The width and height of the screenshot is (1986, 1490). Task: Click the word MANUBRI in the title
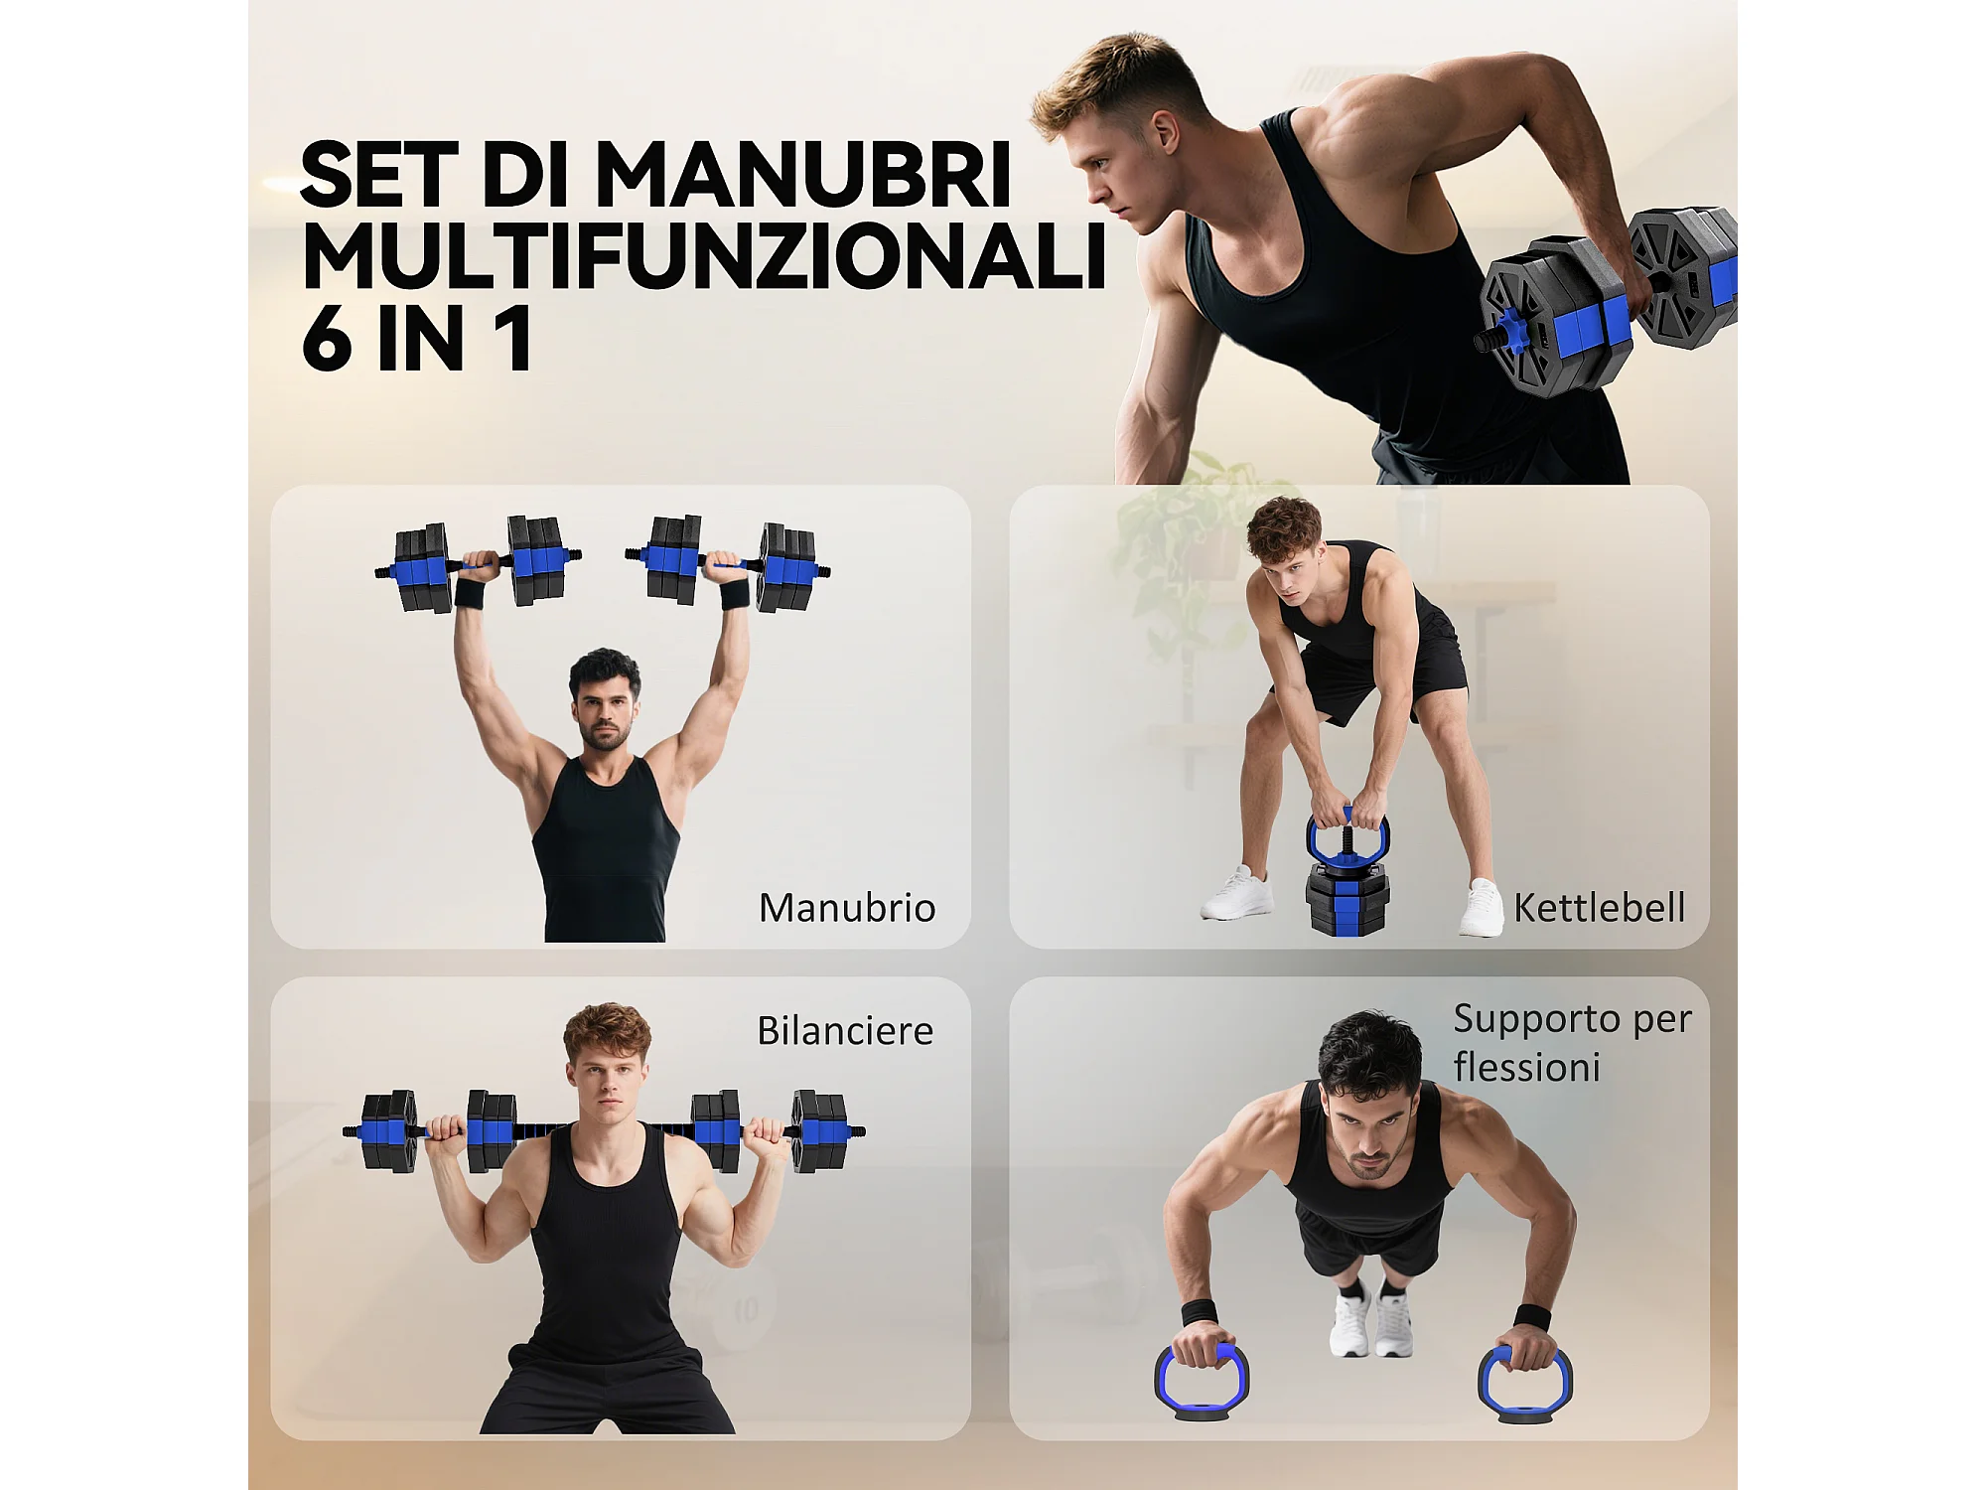pyautogui.click(x=802, y=175)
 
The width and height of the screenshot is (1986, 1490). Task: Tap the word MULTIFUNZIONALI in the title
pyautogui.click(x=704, y=256)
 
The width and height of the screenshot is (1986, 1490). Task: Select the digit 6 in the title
pyautogui.click(x=327, y=339)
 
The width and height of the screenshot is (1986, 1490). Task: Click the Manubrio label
pyautogui.click(x=847, y=908)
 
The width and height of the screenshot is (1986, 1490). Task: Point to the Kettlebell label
pyautogui.click(x=1600, y=908)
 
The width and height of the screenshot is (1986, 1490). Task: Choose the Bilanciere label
pyautogui.click(x=845, y=1031)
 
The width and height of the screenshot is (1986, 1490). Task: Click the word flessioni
pyautogui.click(x=1526, y=1068)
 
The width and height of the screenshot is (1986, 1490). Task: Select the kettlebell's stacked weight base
pyautogui.click(x=1347, y=900)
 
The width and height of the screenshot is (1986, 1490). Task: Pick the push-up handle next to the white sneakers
pyautogui.click(x=1202, y=1381)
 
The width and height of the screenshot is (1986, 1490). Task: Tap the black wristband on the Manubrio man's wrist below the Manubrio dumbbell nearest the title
pyautogui.click(x=469, y=593)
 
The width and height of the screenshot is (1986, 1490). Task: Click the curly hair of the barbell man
pyautogui.click(x=607, y=1029)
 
